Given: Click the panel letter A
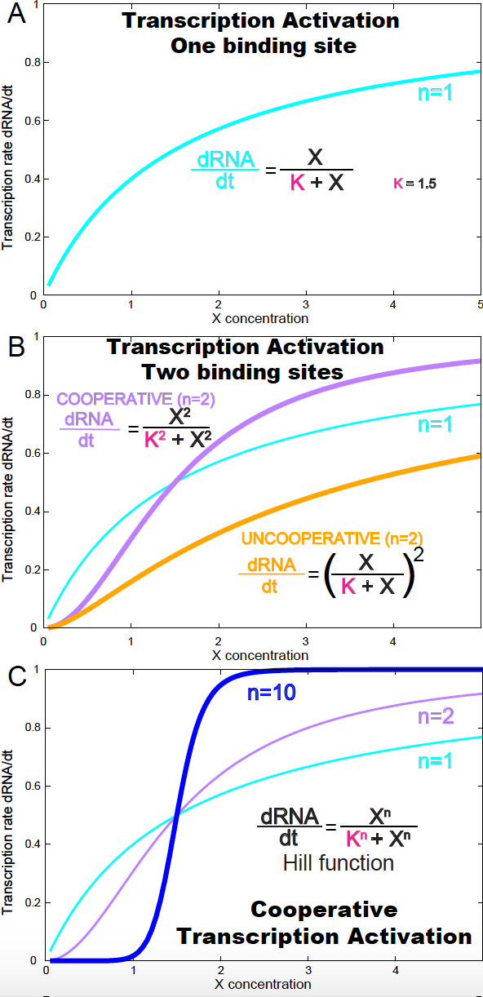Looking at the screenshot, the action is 17,14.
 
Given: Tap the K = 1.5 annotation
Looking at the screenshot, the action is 414,184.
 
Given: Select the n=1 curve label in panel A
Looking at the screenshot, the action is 435,92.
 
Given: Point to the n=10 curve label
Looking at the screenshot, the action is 272,693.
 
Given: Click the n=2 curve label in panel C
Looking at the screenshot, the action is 436,716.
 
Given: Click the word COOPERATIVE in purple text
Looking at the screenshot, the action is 114,399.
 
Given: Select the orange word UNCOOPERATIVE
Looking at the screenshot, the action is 311,538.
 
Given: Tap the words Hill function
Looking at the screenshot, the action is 339,863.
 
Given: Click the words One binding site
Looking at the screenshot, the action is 264,46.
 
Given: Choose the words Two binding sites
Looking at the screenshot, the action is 242,372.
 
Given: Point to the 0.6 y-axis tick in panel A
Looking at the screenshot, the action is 33,121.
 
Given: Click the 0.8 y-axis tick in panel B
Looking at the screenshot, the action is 33,395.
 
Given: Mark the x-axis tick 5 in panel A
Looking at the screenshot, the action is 480,304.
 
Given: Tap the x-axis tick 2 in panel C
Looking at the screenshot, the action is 221,970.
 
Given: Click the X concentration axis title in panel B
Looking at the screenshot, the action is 260,655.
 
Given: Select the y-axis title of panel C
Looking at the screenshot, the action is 7,832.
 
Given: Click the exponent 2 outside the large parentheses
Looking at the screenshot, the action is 418,555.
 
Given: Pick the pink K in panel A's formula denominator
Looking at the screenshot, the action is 298,183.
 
